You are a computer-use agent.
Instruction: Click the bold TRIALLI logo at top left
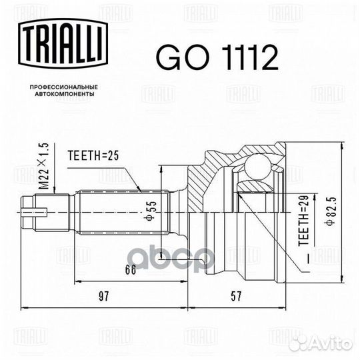(x=63, y=43)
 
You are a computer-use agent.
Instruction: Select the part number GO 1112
(x=217, y=57)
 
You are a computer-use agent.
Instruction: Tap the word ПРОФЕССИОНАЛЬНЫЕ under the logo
(x=64, y=87)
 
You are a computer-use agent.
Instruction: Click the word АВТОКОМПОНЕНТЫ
(x=65, y=94)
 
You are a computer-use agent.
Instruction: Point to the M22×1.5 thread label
(x=43, y=166)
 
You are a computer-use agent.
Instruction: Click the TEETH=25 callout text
(x=93, y=155)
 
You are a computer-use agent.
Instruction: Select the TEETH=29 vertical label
(x=303, y=221)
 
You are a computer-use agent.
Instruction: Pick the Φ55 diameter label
(x=151, y=211)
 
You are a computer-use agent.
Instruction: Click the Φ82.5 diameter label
(x=331, y=211)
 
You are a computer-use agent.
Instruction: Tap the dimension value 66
(x=131, y=269)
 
